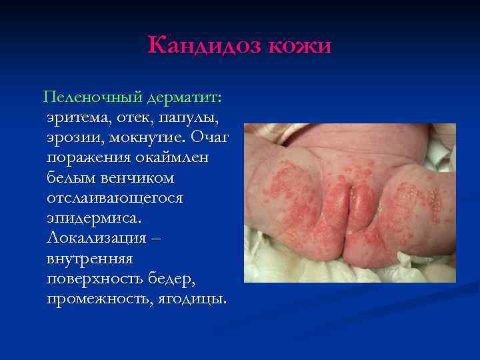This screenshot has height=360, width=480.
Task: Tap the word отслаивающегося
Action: (x=115, y=199)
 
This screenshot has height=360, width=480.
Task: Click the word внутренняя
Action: (x=90, y=258)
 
